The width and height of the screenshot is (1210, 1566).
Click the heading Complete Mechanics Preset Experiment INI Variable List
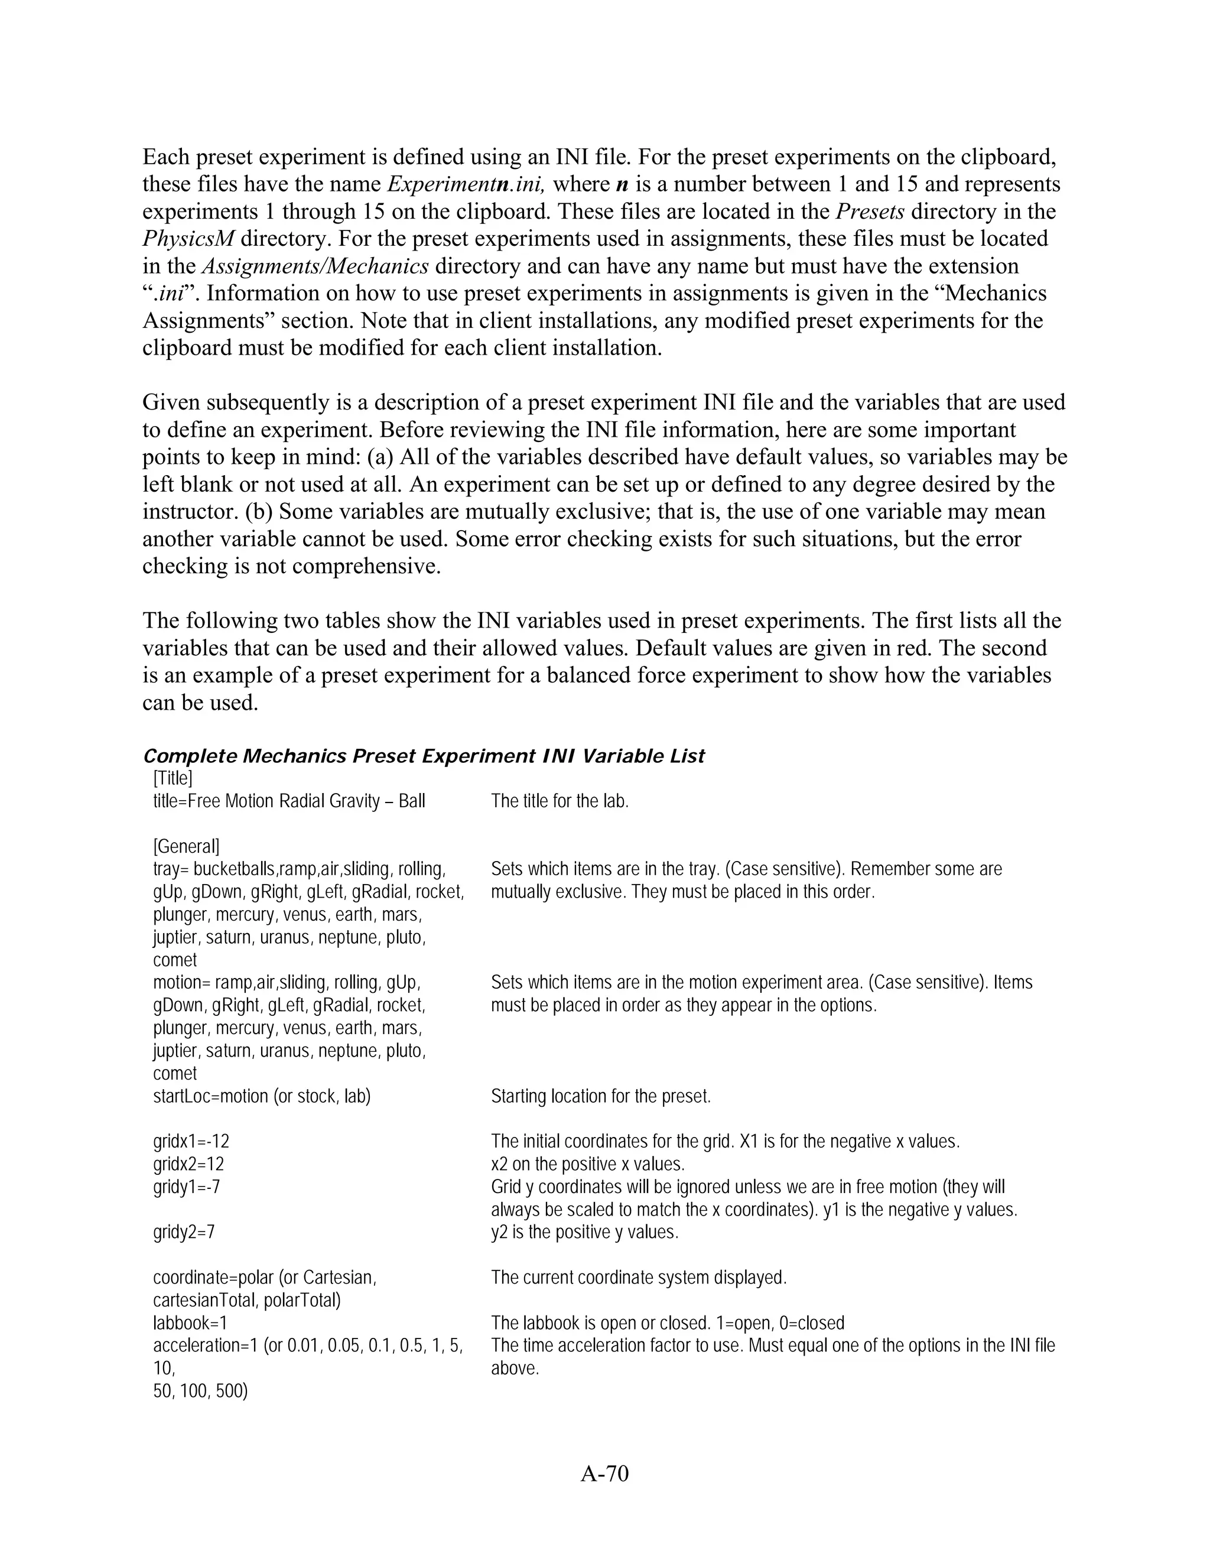pos(424,756)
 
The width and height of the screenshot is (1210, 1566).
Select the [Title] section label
pos(173,778)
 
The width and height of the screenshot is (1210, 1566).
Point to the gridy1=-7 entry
pos(186,1187)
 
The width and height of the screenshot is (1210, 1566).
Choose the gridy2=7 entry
pos(184,1232)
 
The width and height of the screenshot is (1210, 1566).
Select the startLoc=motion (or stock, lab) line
pos(262,1096)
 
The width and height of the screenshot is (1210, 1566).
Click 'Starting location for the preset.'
pos(601,1096)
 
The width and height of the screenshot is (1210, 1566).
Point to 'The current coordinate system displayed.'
pos(639,1277)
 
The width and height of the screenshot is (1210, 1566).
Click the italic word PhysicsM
pos(188,239)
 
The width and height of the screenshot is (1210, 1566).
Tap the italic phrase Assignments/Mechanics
pos(315,266)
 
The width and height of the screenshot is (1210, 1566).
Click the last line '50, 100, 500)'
pos(200,1391)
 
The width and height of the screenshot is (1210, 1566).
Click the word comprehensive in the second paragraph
pos(366,567)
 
